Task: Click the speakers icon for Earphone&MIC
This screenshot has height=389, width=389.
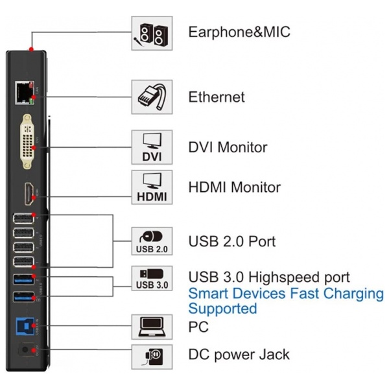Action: (152, 34)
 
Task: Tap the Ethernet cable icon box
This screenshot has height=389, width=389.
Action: (152, 97)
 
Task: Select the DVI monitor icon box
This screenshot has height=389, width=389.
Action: (152, 147)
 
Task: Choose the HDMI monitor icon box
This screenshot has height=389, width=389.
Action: (152, 187)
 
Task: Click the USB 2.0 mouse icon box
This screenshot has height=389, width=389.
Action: (152, 241)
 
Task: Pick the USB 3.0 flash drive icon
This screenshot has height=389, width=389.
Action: (152, 274)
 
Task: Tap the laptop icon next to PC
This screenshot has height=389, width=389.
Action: (152, 327)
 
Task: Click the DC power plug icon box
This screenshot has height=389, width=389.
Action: (152, 357)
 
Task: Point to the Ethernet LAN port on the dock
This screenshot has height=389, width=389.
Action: (25, 93)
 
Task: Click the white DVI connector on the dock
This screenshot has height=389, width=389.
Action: (27, 141)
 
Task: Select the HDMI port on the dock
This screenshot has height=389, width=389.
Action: (29, 194)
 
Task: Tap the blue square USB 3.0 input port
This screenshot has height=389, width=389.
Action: (25, 326)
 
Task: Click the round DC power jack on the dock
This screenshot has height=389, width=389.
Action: (25, 350)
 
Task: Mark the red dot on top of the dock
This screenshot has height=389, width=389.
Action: (31, 49)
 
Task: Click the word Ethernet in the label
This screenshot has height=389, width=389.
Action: (217, 97)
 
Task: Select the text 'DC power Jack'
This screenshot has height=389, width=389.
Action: (239, 355)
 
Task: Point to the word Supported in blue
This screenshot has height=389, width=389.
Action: (222, 309)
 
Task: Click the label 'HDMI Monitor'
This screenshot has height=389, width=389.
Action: (235, 187)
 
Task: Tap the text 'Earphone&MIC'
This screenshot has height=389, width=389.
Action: (239, 32)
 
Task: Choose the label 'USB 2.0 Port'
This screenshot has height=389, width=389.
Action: (232, 241)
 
